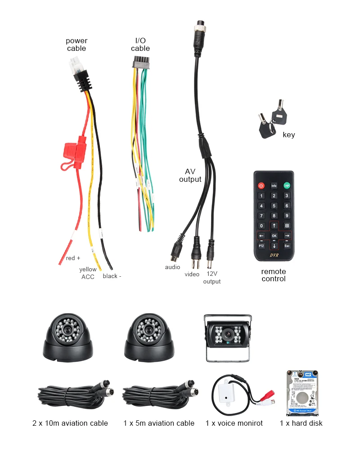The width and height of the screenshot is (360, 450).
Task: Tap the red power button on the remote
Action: click(261, 185)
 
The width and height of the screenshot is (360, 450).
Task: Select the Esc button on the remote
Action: click(287, 246)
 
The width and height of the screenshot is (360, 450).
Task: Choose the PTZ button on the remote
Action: click(261, 246)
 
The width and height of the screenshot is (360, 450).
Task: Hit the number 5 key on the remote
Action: click(274, 206)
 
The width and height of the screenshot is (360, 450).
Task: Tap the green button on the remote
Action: click(286, 185)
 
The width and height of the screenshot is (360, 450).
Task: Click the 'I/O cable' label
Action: click(140, 45)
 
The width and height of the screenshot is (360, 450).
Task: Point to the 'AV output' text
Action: click(190, 175)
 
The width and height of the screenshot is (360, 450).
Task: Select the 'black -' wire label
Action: click(112, 276)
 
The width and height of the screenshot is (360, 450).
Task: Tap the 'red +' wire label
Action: click(73, 258)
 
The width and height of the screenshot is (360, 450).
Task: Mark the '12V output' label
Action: click(211, 278)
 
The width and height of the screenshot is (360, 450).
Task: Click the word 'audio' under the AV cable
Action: click(172, 267)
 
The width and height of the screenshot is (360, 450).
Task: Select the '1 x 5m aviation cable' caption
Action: click(159, 423)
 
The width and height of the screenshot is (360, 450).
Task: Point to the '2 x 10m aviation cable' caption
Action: click(70, 423)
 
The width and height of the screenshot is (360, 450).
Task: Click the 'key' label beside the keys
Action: click(289, 135)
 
